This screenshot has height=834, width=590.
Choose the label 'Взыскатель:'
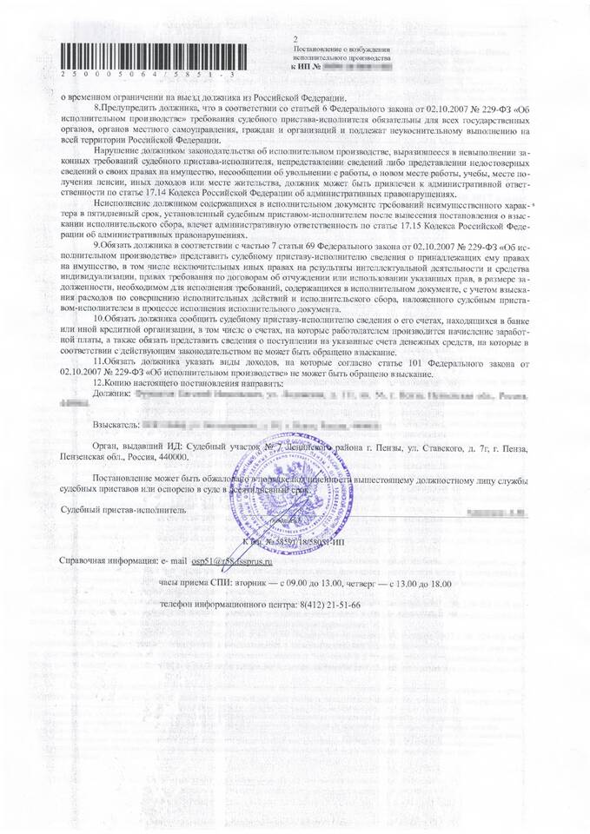[x=114, y=427]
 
